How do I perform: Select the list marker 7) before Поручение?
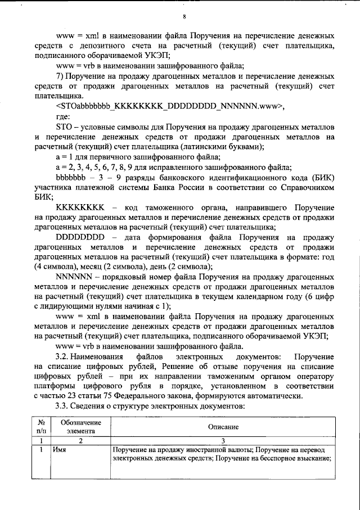[61, 76]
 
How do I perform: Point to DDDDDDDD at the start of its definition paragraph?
[81, 237]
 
